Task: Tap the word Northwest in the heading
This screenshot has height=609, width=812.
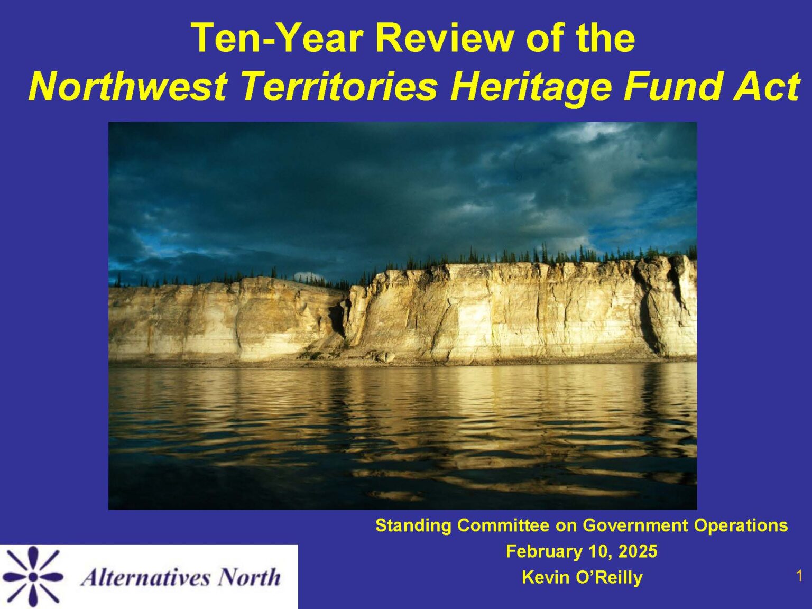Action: (127, 86)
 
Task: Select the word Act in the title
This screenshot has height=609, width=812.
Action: (766, 86)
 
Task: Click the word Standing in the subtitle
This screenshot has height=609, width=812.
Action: (413, 525)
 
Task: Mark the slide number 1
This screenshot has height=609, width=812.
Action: (799, 576)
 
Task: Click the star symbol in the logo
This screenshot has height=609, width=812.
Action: (33, 576)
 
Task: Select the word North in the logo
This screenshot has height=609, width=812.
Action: (250, 577)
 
